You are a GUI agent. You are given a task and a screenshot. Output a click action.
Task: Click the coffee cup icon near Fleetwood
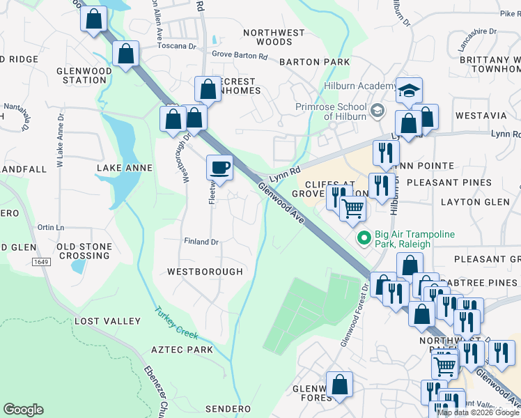[219, 168]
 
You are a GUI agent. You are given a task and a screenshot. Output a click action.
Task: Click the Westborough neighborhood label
[205, 271]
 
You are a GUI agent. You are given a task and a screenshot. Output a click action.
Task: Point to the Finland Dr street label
[201, 242]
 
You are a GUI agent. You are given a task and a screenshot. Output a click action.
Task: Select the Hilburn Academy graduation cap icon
[410, 91]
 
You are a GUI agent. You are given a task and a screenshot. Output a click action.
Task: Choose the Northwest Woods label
[274, 37]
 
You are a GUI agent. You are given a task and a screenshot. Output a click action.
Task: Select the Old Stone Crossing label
[84, 251]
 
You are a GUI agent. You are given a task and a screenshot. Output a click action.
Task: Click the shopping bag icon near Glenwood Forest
[339, 385]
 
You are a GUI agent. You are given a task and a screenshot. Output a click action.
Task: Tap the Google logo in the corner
[23, 410]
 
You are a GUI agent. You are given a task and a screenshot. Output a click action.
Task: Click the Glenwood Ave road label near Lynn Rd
[281, 202]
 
